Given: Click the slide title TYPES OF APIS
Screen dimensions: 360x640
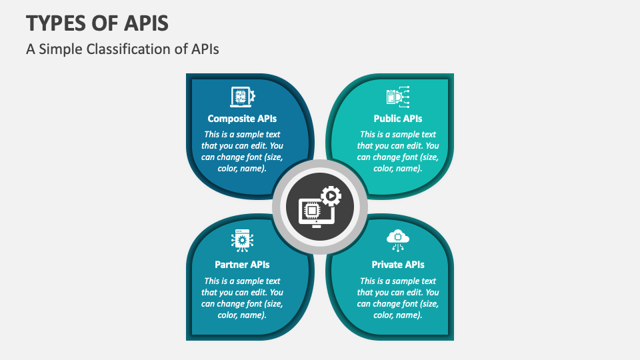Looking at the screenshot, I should (97, 23).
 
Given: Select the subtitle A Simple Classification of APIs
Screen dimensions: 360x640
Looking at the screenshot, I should (123, 49).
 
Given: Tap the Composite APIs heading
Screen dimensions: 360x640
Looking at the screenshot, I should (242, 119).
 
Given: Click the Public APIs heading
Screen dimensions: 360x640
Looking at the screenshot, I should (398, 119).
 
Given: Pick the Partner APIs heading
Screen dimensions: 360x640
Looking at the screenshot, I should (242, 265).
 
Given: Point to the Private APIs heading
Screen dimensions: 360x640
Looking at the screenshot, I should (398, 265).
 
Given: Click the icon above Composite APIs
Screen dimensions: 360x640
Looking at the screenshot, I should (242, 97).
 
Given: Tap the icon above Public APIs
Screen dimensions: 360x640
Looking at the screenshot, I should (398, 97).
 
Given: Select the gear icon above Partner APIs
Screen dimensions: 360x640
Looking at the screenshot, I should (242, 240).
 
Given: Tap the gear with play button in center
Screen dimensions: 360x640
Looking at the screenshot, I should (331, 195).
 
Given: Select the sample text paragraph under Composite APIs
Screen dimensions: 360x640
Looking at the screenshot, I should (242, 151).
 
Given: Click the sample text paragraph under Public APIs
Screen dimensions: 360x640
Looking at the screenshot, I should (398, 151).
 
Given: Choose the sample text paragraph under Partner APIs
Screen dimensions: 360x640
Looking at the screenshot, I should (242, 297).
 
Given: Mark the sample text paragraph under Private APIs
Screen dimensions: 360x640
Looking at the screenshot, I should (398, 297).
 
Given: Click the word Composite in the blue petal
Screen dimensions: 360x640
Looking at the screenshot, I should (231, 119).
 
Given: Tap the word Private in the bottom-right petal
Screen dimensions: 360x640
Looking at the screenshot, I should (387, 265).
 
